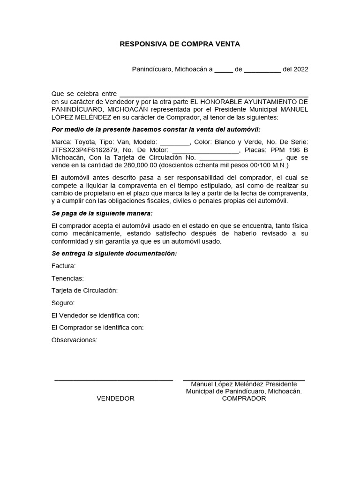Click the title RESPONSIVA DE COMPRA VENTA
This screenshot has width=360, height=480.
coord(180,45)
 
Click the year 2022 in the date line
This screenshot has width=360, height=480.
coord(300,69)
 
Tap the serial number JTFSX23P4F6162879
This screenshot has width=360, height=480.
coord(81,150)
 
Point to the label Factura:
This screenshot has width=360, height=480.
coord(63,266)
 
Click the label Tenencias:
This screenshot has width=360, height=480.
coord(67,278)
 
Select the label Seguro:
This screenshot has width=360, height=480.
coord(63,303)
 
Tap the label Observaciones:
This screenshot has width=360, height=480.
coord(75,340)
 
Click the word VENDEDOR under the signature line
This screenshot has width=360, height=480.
coord(115,398)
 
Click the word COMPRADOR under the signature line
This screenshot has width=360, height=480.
coord(244,398)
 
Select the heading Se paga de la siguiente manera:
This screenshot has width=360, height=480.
coord(102,213)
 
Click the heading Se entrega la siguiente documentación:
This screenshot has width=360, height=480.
coord(114,254)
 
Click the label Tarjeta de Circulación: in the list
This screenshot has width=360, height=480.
coord(84,291)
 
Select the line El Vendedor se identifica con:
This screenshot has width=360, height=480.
coord(95,315)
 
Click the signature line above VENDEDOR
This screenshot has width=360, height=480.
coord(114,379)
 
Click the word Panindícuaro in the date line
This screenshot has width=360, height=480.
coord(152,69)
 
